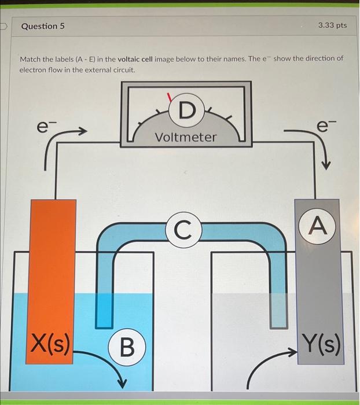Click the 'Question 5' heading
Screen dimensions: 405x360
[43, 26]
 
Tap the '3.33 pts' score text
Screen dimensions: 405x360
[332, 25]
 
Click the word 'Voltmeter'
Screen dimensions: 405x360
[186, 137]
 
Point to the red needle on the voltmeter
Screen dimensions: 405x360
[170, 98]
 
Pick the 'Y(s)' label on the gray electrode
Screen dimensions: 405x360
[319, 346]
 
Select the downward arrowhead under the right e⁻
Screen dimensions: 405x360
[326, 165]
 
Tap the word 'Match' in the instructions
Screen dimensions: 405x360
[32, 59]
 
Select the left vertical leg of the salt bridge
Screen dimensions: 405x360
[104, 272]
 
